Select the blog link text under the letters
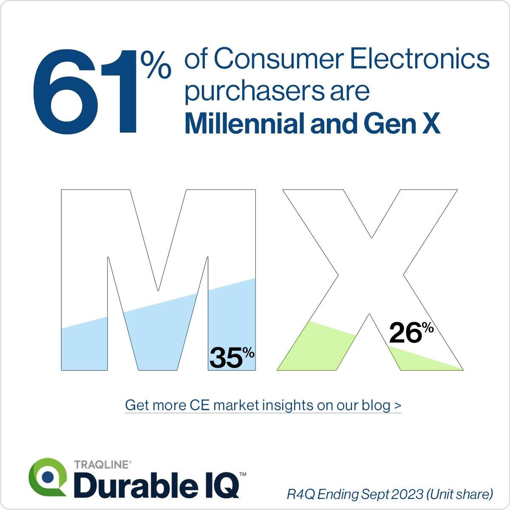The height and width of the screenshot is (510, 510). coord(263,405)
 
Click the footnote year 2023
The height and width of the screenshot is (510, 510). coord(408,494)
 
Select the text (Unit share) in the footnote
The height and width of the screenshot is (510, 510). coord(460,494)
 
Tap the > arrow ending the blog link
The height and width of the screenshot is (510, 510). coord(398,405)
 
